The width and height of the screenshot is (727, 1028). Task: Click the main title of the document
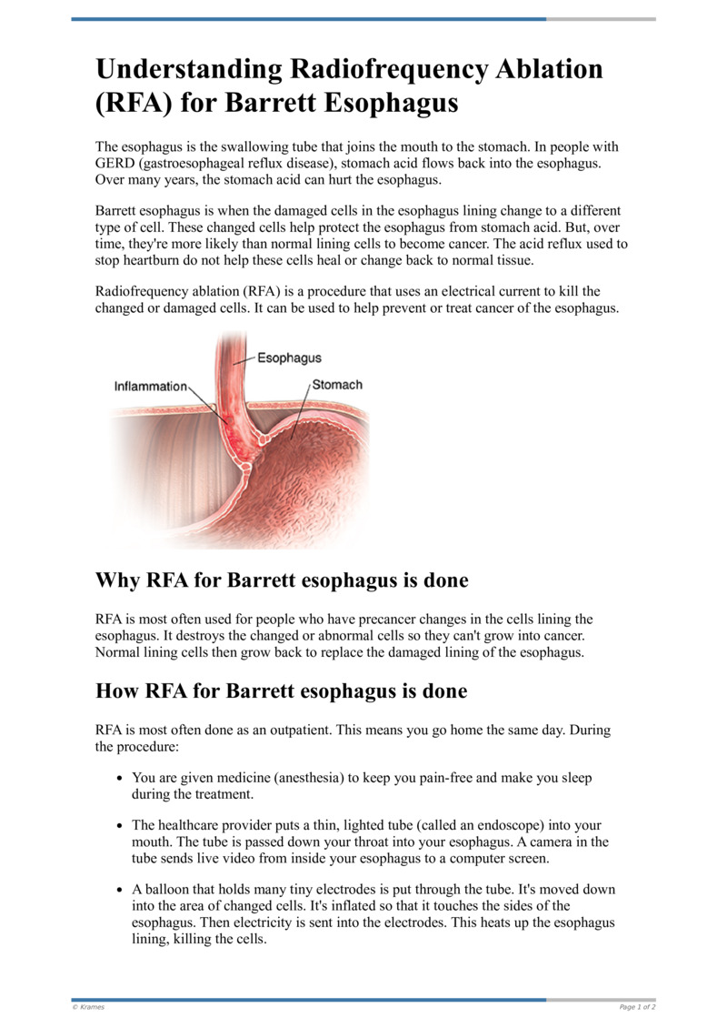tap(350, 86)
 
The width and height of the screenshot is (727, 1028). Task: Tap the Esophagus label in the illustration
tap(289, 358)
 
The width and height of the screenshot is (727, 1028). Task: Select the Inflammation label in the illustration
tap(150, 386)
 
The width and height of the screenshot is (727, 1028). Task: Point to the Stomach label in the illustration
tap(337, 385)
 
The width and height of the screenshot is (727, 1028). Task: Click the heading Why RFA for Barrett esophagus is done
tap(282, 580)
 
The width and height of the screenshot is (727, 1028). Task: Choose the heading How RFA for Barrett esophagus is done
tap(281, 691)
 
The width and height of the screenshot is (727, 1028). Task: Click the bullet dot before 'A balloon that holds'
tap(120, 890)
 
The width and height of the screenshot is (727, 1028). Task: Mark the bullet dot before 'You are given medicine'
tap(120, 780)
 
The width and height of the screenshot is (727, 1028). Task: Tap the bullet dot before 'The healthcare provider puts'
tap(120, 826)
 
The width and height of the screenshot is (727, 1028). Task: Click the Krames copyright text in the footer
tap(88, 1007)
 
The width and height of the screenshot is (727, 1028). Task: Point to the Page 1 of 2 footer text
tap(637, 1007)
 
